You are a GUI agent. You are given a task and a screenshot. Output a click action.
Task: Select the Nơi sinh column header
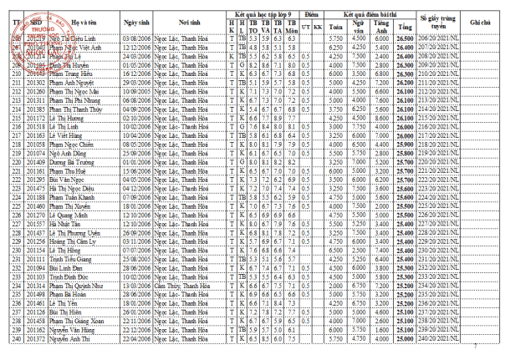189,18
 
